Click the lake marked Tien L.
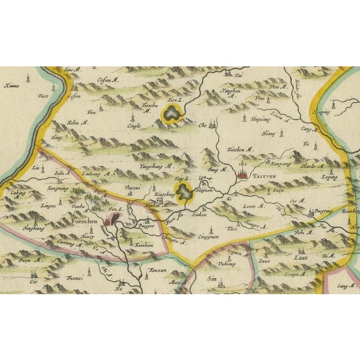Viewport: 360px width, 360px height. [x=171, y=112]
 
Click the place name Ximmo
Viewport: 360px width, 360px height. [x=12, y=85]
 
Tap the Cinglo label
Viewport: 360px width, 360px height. [x=134, y=127]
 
